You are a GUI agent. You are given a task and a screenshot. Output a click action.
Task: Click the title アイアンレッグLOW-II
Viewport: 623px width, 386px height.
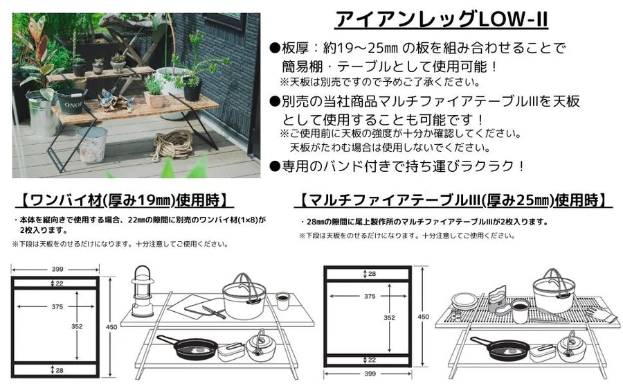[441, 19]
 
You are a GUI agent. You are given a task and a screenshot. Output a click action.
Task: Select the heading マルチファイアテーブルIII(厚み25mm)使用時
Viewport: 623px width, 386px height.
[454, 201]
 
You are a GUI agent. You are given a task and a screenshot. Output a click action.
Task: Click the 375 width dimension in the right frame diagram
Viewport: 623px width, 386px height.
[370, 295]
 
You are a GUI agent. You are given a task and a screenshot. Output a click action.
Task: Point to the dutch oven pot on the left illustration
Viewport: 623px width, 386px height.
[244, 296]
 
